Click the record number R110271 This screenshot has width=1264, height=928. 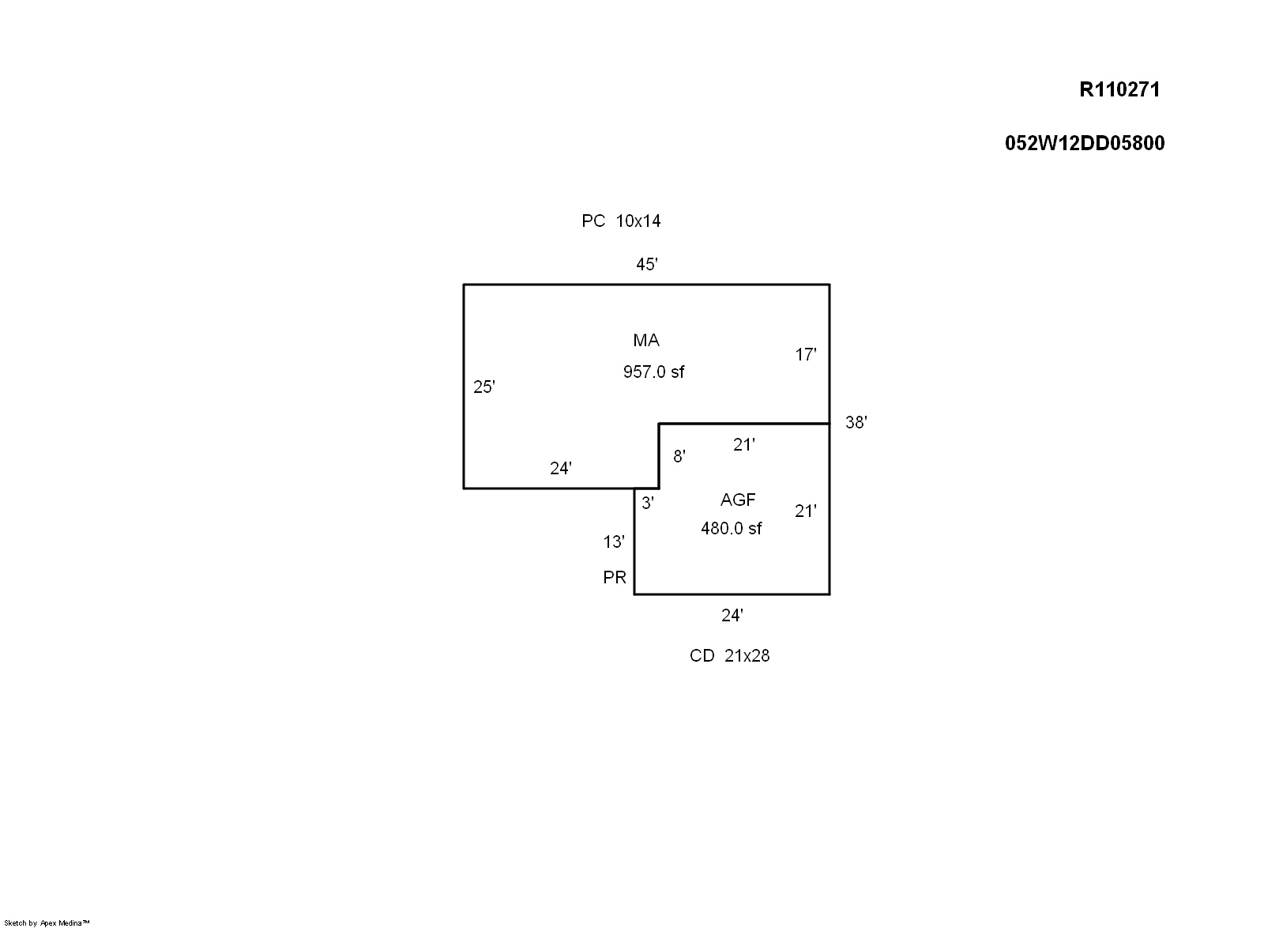pos(1119,89)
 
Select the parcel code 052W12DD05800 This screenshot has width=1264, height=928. pos(1085,143)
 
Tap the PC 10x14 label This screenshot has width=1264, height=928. pos(621,221)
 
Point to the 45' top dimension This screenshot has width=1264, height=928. pos(647,265)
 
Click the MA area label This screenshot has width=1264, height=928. pos(646,341)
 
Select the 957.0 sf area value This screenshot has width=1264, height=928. pos(653,372)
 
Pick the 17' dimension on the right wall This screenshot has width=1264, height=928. pos(806,355)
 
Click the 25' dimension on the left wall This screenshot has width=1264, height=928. pos(484,387)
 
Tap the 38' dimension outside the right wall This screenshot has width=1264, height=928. pos(856,423)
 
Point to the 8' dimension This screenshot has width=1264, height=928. pos(679,456)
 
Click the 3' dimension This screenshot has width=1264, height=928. pos(648,503)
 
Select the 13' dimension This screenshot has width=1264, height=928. pos(614,542)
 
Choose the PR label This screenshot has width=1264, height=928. pos(615,578)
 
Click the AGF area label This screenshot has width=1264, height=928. pos(738,500)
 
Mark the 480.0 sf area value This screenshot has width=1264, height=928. pos(732,529)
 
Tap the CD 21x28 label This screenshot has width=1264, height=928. pos(729,656)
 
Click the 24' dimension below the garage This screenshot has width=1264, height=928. pos(732,616)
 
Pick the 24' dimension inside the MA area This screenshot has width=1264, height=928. pos(561,469)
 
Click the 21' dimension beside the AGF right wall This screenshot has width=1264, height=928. pos(806,511)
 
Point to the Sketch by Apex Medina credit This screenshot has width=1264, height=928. pos(47,922)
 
